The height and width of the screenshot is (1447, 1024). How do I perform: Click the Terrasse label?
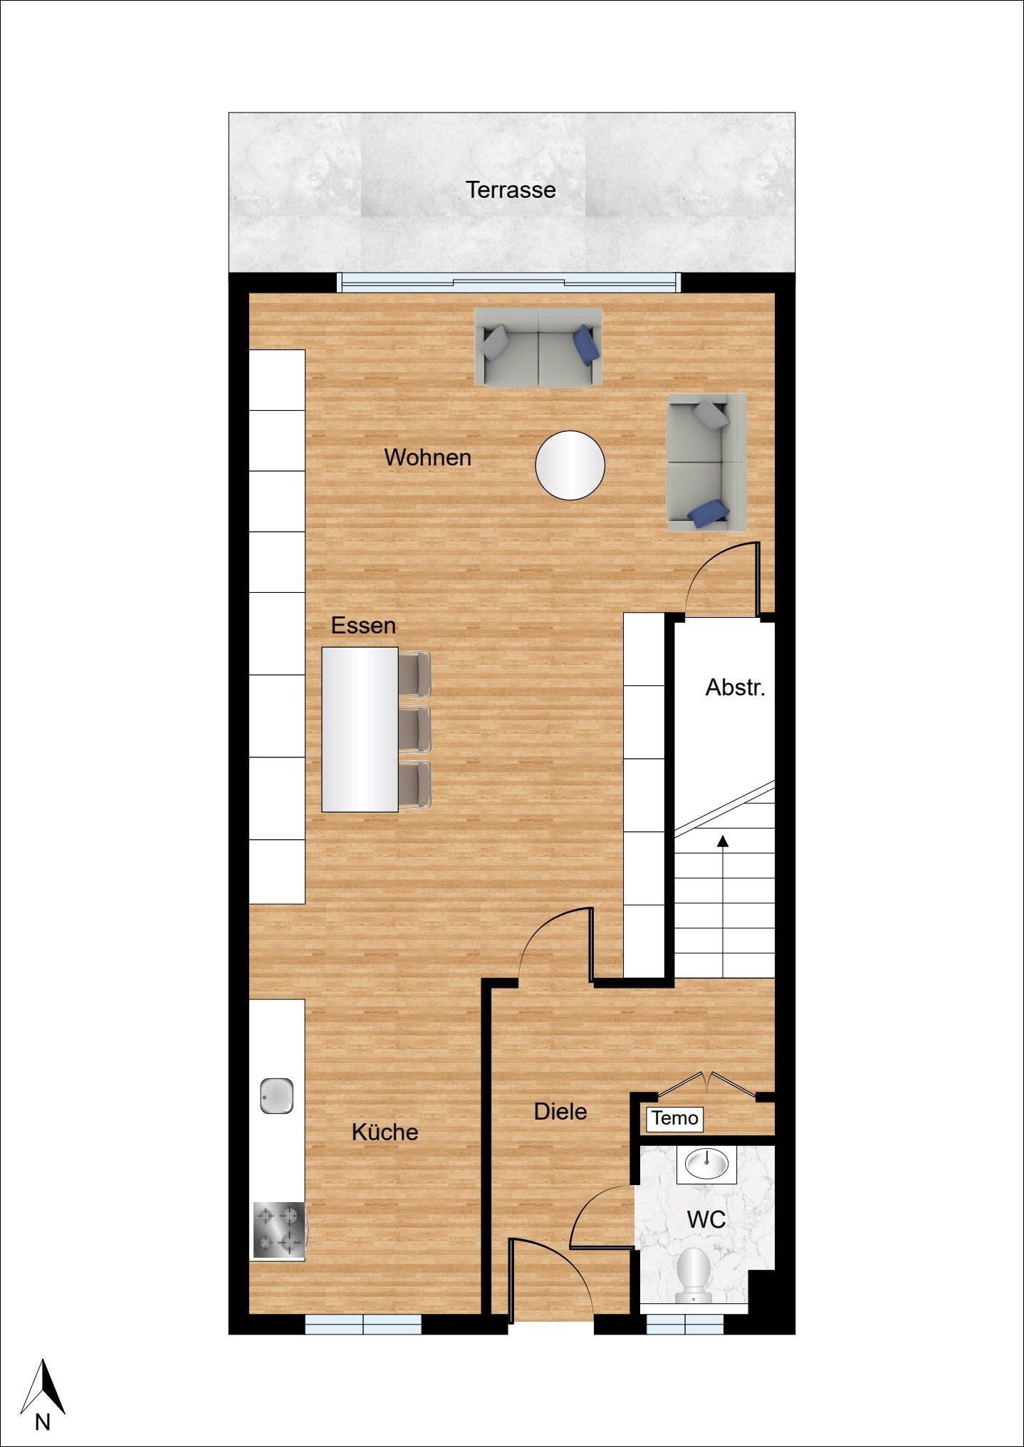coord(511,190)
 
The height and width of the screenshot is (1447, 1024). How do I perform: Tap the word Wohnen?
coord(428,457)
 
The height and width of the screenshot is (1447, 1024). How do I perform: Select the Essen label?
coord(363,626)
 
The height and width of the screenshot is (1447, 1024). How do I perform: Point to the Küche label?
coord(385,1132)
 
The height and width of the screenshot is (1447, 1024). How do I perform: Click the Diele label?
coord(560,1111)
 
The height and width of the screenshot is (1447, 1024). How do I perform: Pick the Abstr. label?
coord(736,687)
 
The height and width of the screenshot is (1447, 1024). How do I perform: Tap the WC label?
coord(706,1219)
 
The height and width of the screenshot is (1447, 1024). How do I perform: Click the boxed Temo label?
coord(674,1118)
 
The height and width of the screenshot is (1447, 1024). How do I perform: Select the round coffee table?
coord(570,465)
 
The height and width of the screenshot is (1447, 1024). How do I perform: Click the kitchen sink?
coord(276,1096)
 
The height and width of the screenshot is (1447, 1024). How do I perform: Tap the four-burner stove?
coord(279,1230)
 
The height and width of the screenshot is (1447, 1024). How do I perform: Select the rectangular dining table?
coord(360,730)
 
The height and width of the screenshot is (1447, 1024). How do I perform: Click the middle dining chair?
coord(414,730)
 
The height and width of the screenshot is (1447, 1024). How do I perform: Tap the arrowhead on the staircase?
coord(723,841)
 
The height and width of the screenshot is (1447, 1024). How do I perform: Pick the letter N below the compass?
coord(43,1422)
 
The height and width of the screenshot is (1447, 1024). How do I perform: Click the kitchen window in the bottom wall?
coord(363,1324)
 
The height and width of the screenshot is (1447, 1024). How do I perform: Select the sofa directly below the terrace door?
coord(538,347)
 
